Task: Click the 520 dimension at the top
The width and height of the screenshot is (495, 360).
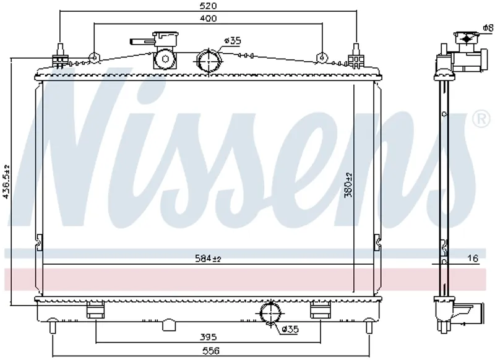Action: [209, 6]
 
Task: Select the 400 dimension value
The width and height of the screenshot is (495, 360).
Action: [209, 19]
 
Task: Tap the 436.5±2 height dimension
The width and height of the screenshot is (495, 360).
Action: [6, 182]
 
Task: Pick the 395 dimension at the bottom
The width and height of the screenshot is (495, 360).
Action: [209, 337]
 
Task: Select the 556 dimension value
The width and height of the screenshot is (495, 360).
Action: [211, 351]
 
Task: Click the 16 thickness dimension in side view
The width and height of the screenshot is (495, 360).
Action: [473, 259]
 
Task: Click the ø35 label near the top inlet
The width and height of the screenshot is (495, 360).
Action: [233, 41]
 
